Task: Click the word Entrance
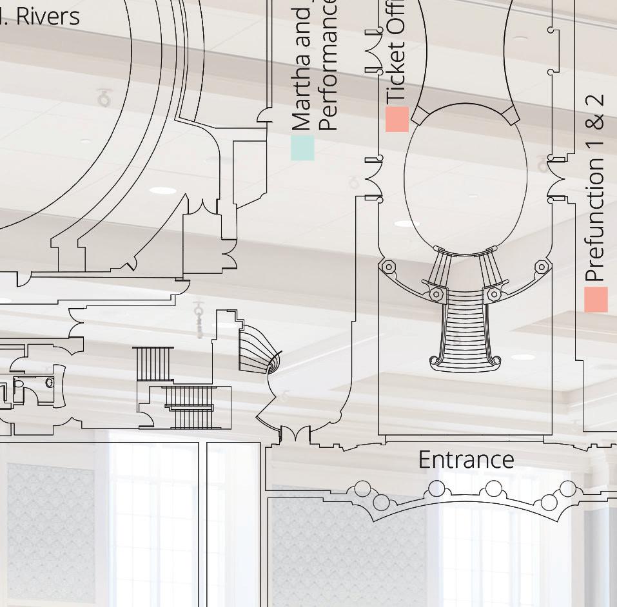(x=465, y=460)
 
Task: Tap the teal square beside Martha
(x=302, y=148)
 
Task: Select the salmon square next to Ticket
(x=397, y=119)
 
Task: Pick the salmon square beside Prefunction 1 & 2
(x=596, y=300)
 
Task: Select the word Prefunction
(x=596, y=219)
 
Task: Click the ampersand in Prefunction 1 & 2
(x=596, y=122)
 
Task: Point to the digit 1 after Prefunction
(x=596, y=142)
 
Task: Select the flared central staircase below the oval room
(x=464, y=329)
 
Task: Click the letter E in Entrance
(x=424, y=460)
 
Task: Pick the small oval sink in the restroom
(x=50, y=383)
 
